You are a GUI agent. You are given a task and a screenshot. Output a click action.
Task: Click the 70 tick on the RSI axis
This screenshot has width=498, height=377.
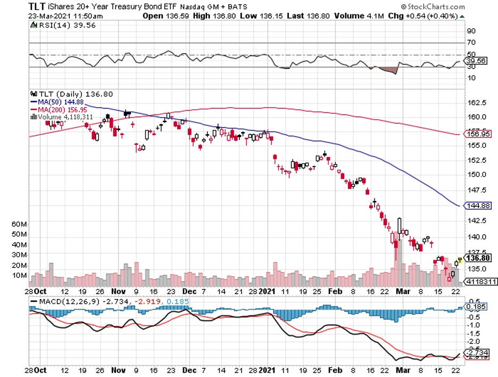pos(471,42)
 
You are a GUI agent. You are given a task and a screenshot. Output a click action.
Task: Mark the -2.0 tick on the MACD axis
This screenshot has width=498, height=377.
pos(473,341)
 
